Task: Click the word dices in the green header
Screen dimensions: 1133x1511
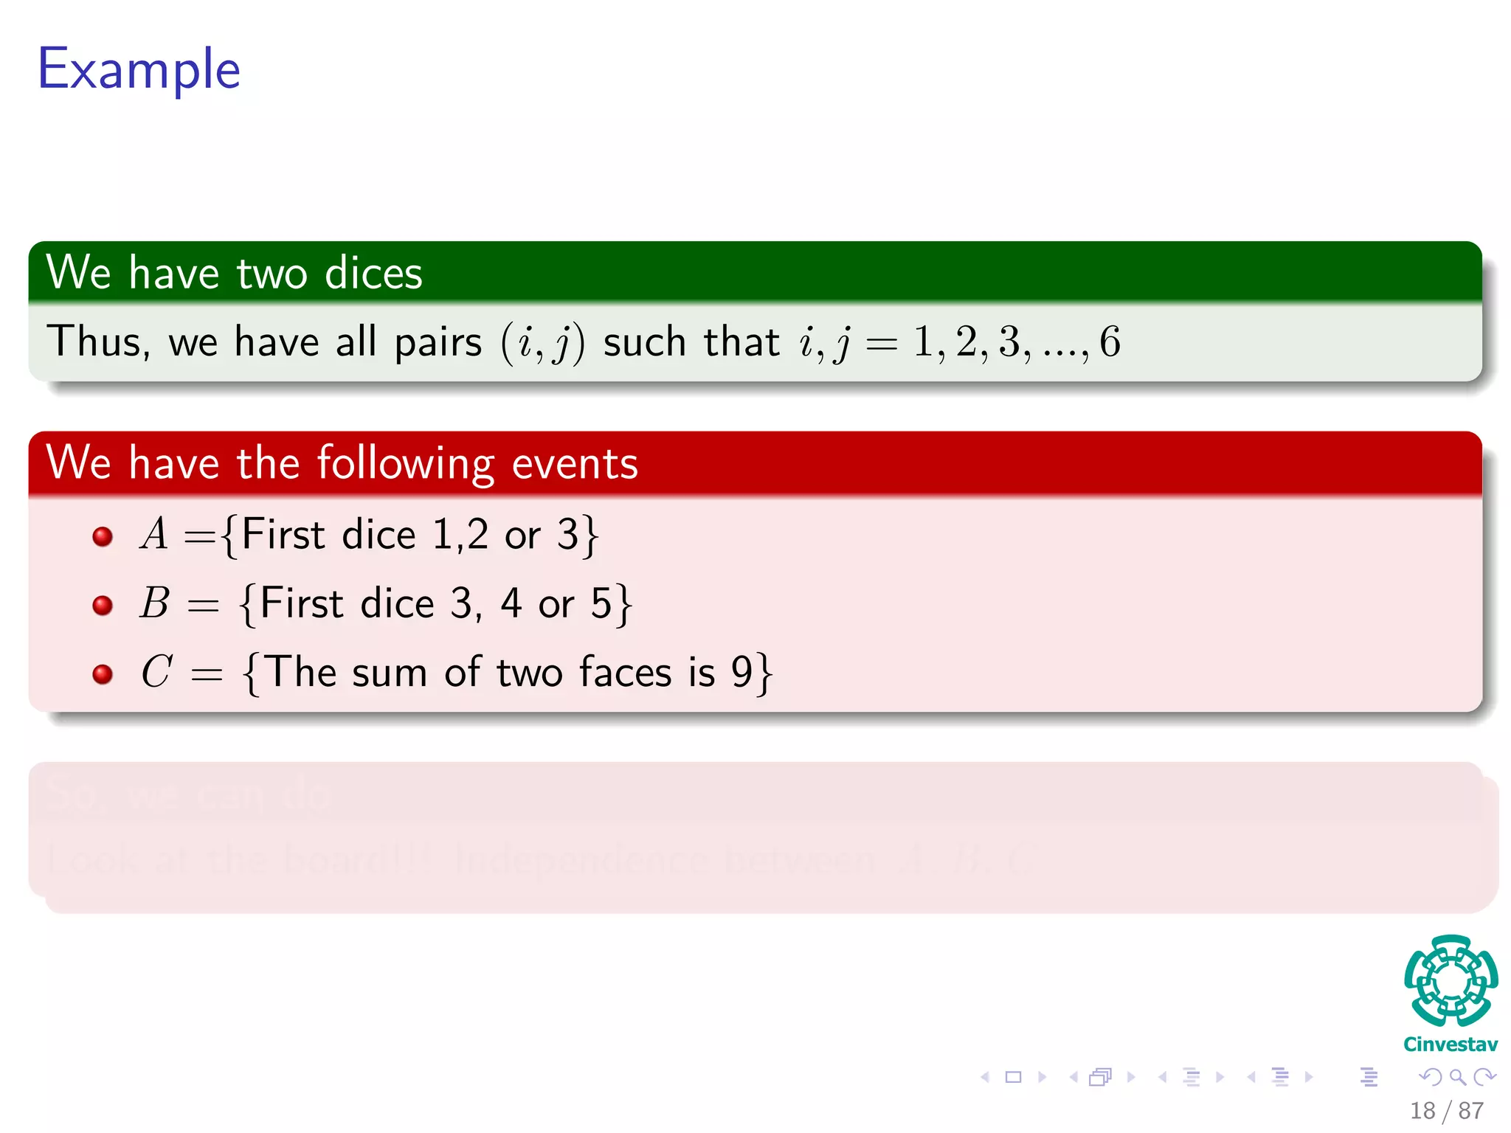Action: (x=373, y=273)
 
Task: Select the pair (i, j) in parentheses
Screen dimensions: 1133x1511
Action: (x=542, y=342)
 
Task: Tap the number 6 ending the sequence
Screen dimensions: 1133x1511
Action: (x=1110, y=342)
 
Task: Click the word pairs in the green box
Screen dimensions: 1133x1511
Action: (x=438, y=342)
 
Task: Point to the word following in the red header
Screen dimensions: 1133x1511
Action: (x=405, y=464)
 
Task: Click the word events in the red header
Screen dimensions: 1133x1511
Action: (x=575, y=464)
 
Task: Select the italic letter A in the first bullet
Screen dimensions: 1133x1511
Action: (x=154, y=534)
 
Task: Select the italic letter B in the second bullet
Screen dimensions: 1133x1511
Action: (x=155, y=603)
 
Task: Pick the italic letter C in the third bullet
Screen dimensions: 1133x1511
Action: (x=156, y=672)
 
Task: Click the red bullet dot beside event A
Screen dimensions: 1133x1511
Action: (x=103, y=536)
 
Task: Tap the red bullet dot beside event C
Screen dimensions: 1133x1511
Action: (x=103, y=673)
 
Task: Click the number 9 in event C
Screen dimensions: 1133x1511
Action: (x=741, y=672)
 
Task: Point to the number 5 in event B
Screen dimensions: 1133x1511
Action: (x=601, y=603)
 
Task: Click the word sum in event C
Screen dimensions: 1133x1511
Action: (x=390, y=673)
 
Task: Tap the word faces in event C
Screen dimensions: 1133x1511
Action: (x=625, y=672)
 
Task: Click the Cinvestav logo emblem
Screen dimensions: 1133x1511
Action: (x=1451, y=980)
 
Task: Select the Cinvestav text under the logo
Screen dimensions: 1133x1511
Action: (x=1451, y=1044)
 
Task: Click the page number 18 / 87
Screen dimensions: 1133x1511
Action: (x=1447, y=1110)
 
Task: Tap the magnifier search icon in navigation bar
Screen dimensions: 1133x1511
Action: (x=1457, y=1077)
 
